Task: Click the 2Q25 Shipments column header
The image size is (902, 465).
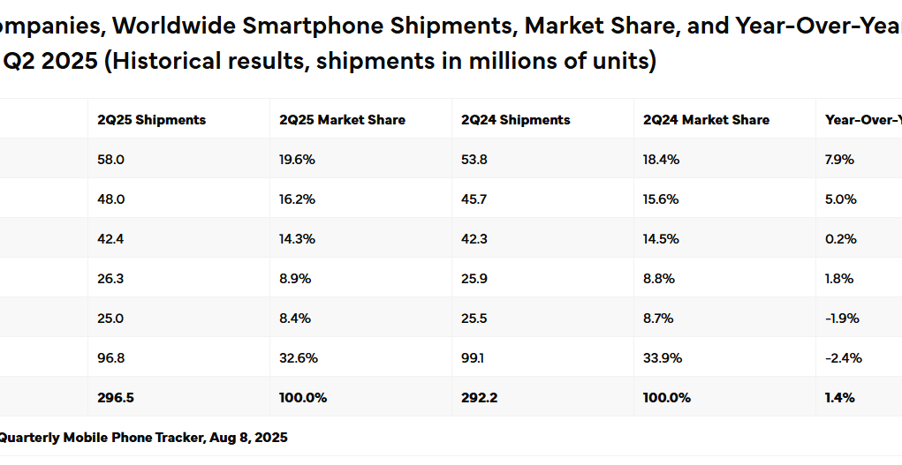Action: click(x=151, y=120)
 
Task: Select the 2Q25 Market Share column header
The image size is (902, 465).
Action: click(x=342, y=120)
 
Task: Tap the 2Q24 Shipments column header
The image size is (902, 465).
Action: click(x=516, y=120)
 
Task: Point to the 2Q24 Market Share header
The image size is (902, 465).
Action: click(x=706, y=120)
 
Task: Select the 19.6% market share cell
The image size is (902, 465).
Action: click(x=297, y=160)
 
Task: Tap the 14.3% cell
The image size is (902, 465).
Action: click(x=296, y=239)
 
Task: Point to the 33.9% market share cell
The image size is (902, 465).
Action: click(x=661, y=358)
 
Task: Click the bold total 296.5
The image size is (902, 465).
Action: click(x=116, y=398)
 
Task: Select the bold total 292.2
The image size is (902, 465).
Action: click(x=480, y=398)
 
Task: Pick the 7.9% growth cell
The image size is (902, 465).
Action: click(x=839, y=160)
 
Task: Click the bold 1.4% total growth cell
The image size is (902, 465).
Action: click(x=839, y=398)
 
